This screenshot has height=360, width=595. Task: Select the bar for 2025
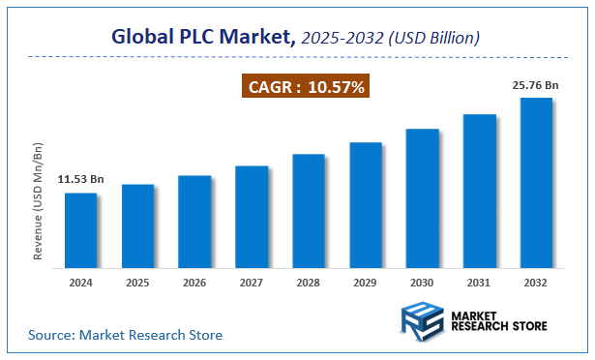pyautogui.click(x=137, y=225)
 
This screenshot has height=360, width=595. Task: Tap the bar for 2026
pyautogui.click(x=194, y=221)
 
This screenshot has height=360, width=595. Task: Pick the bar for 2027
pyautogui.click(x=252, y=216)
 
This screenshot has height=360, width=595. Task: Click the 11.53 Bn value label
pyautogui.click(x=80, y=180)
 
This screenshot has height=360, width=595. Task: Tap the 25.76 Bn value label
pyautogui.click(x=536, y=85)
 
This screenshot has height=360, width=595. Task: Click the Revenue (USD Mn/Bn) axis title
pyautogui.click(x=39, y=201)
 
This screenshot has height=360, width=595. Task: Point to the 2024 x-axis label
pyautogui.click(x=80, y=284)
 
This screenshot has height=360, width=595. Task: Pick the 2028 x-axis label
pyautogui.click(x=309, y=284)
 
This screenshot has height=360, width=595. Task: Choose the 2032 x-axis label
pyautogui.click(x=537, y=284)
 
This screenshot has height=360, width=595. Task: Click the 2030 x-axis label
pyautogui.click(x=423, y=284)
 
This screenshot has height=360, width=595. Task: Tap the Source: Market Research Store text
pyautogui.click(x=125, y=335)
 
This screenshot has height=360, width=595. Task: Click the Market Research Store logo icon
pyautogui.click(x=423, y=321)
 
